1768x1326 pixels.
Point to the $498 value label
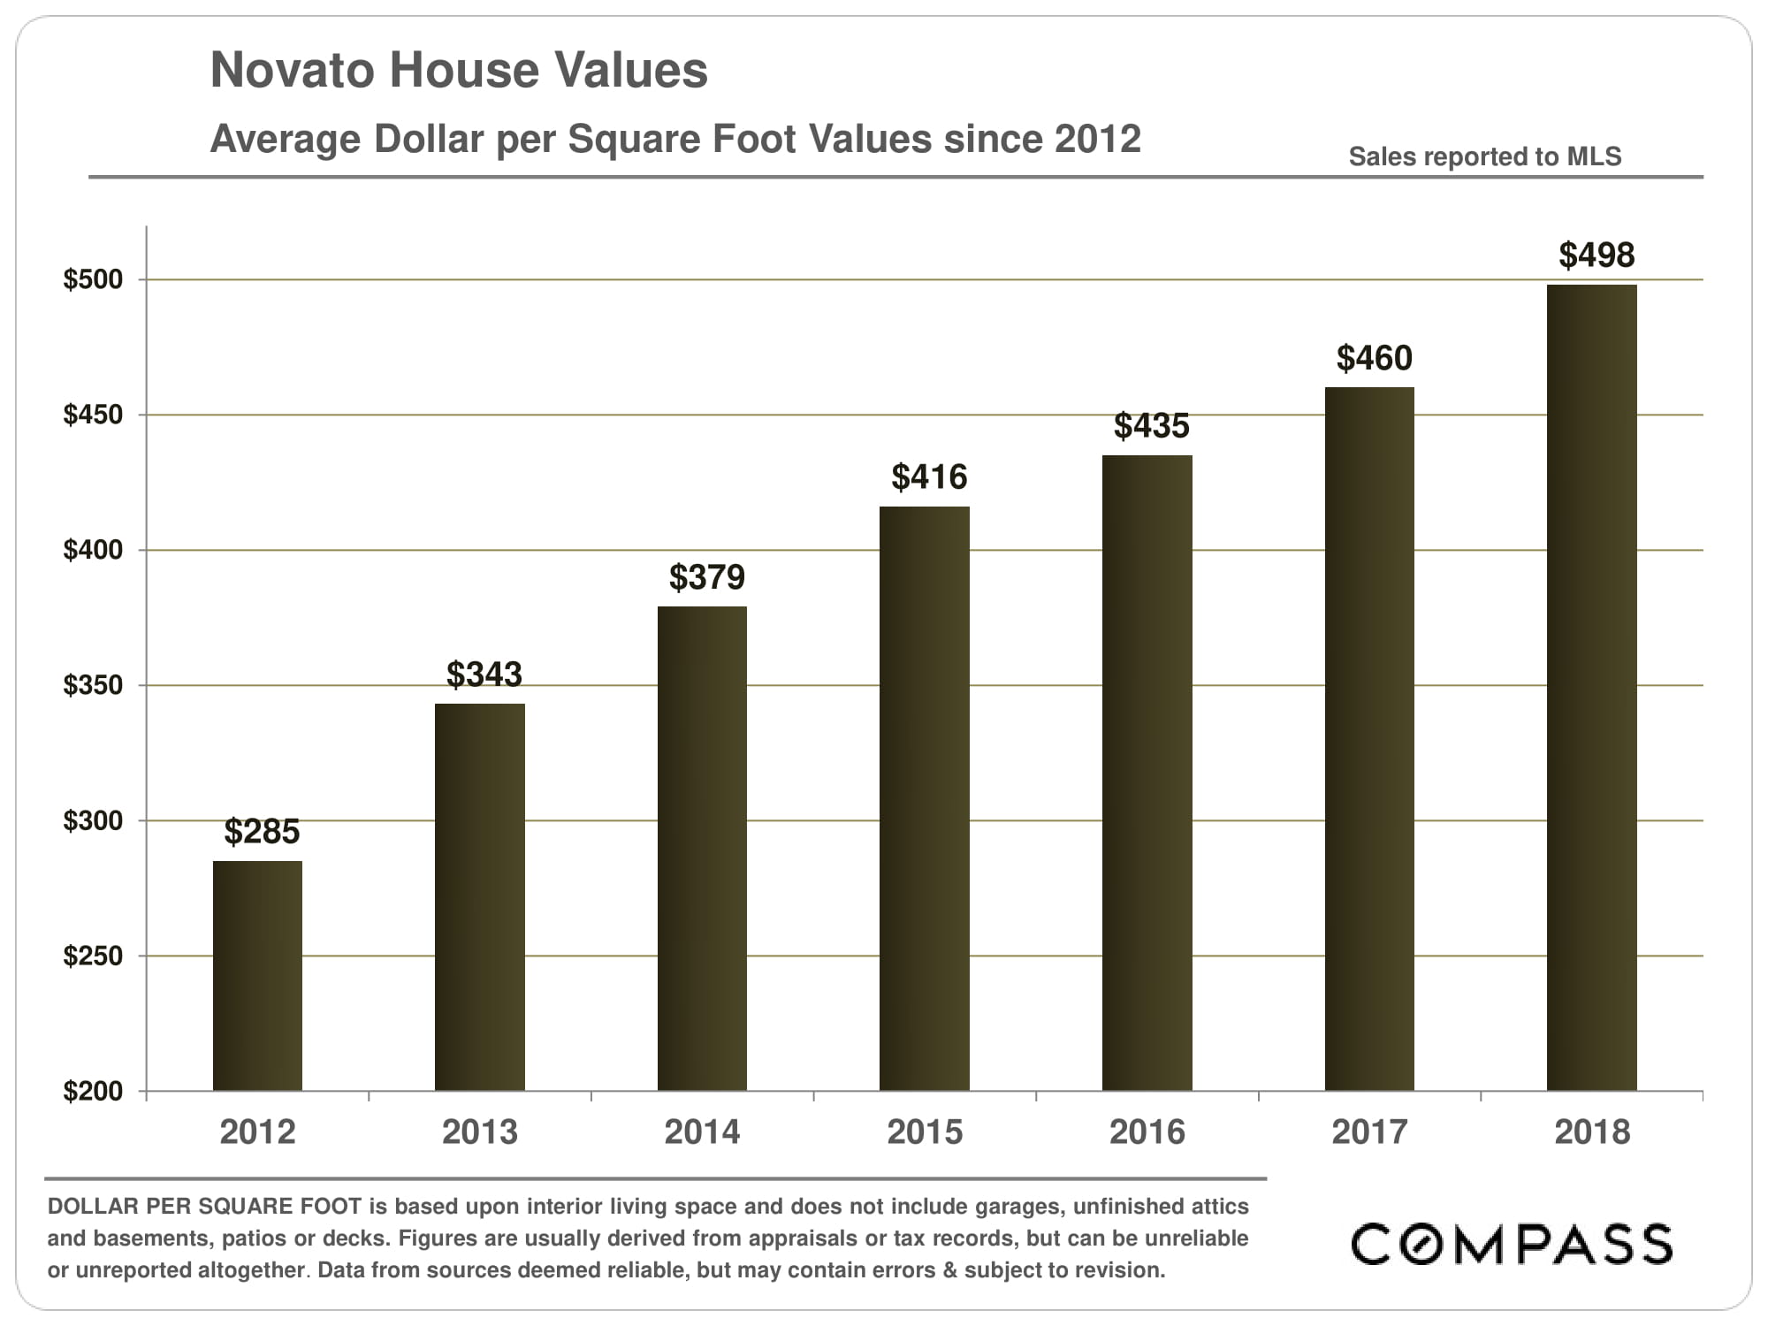point(1597,255)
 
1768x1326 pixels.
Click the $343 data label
point(484,674)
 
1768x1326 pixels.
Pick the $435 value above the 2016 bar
point(1151,426)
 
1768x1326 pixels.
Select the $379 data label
point(706,577)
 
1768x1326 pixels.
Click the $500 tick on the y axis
point(93,279)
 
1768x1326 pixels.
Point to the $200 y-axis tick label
point(93,1091)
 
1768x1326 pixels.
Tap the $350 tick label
point(93,685)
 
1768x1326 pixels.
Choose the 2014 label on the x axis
point(702,1132)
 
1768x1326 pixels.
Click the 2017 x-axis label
point(1369,1132)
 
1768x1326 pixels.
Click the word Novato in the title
point(293,71)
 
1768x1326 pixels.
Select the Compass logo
point(1512,1244)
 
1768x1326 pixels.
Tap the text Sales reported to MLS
point(1484,156)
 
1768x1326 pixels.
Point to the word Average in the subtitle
point(286,140)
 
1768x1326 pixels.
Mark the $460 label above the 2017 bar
point(1374,358)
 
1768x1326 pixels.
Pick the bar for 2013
point(479,896)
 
